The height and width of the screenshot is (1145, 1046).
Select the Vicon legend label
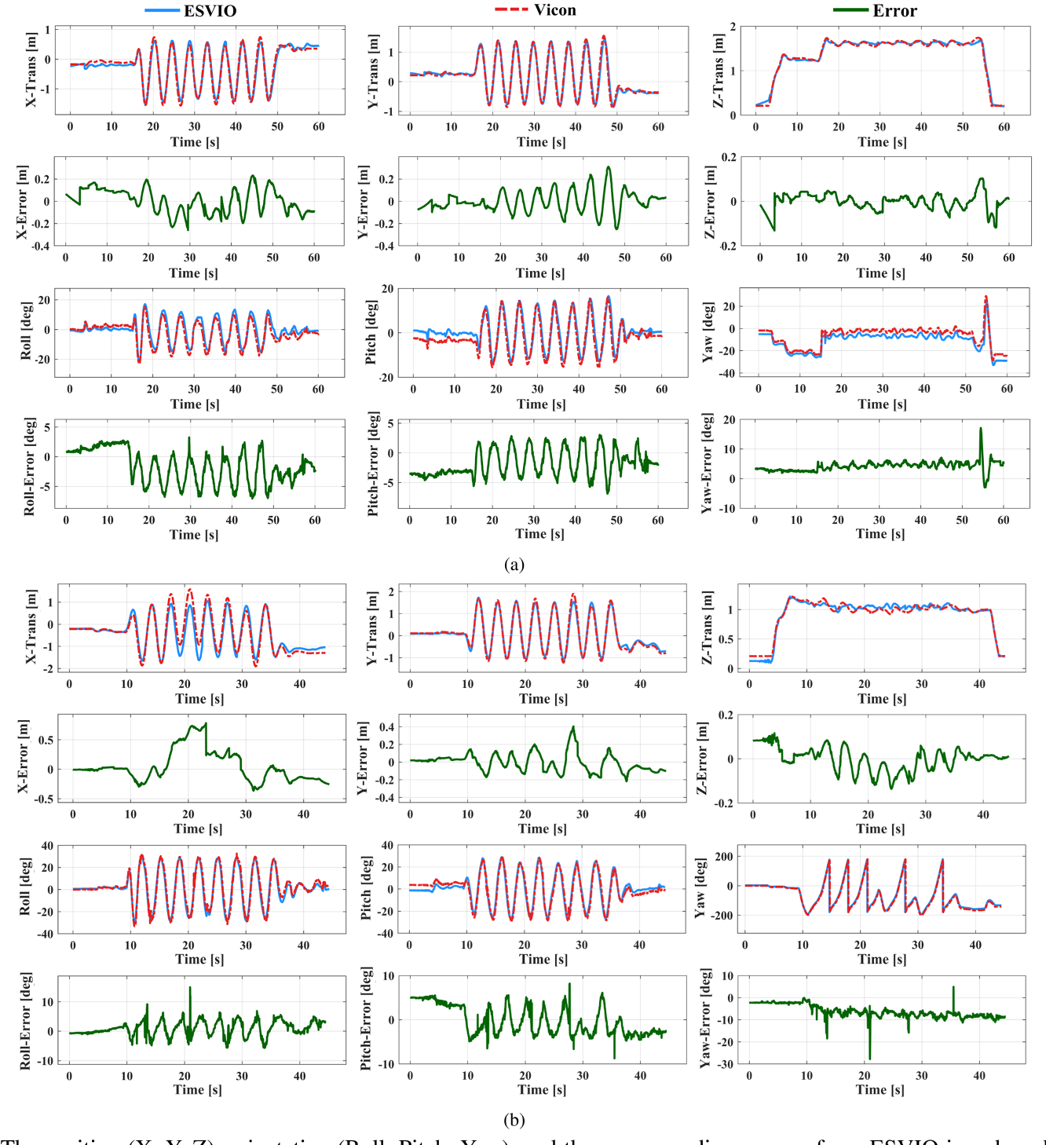click(x=554, y=10)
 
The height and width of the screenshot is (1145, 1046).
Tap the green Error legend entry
click(x=894, y=11)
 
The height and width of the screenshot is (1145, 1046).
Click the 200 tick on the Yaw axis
click(x=724, y=857)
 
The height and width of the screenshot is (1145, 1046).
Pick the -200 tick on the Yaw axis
click(x=721, y=916)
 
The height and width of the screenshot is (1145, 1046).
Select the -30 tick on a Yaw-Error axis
click(x=726, y=1065)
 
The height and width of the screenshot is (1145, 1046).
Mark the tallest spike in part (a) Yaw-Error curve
click(x=981, y=429)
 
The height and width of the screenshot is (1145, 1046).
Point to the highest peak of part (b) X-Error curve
click(x=205, y=724)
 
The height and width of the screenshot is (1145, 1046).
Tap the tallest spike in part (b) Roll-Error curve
click(x=190, y=988)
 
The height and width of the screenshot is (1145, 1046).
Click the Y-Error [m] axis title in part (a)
click(x=364, y=202)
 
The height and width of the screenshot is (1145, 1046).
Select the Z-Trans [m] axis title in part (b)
click(x=707, y=627)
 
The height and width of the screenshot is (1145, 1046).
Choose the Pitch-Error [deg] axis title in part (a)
click(x=374, y=463)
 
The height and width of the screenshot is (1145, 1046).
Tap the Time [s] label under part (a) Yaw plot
click(x=882, y=404)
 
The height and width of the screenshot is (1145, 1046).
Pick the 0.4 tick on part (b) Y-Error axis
click(x=386, y=727)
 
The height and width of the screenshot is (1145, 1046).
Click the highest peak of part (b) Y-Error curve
click(x=573, y=727)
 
